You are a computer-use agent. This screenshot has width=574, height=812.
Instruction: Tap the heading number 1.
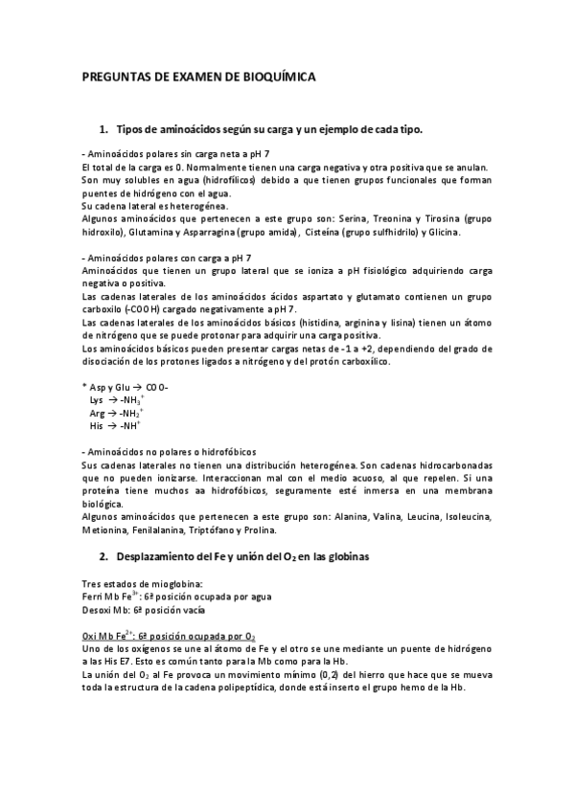pos(103,129)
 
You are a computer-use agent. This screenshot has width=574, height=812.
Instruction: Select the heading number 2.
pos(103,556)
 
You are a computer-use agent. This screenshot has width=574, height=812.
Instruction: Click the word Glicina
pos(444,232)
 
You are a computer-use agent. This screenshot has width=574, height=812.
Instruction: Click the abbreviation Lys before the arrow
pos(96,399)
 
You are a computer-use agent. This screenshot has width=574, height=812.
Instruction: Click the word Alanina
pos(359,517)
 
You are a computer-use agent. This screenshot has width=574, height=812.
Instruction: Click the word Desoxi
pos(98,609)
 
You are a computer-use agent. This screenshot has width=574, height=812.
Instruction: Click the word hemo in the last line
pos(422,689)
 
